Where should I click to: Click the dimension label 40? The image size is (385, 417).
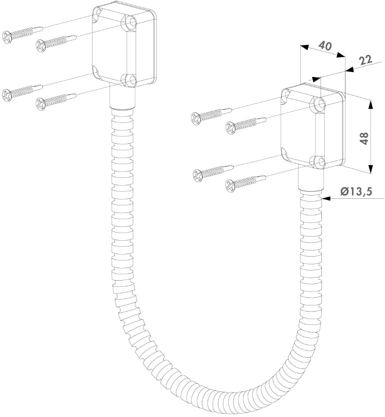pos(325,46)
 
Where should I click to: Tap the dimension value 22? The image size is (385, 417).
pos(365,60)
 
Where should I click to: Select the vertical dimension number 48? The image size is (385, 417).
pos(364,138)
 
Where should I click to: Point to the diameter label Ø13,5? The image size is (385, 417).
pos(356,191)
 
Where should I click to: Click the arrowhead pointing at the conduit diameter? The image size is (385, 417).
pos(326,198)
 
